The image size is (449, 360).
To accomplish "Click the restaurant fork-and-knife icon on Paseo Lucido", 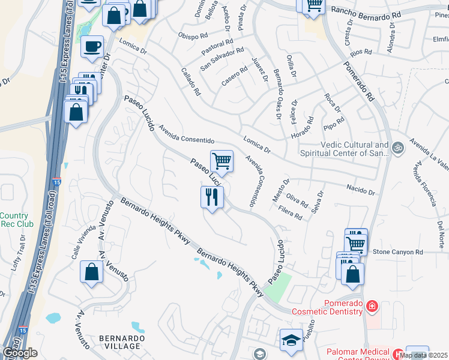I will click(x=211, y=197).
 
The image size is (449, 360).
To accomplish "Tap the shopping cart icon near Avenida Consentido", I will click(x=221, y=161).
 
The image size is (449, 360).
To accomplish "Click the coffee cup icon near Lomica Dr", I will click(x=92, y=46).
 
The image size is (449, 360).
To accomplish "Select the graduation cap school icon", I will click(x=291, y=338).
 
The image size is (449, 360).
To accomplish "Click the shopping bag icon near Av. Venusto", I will click(x=90, y=272).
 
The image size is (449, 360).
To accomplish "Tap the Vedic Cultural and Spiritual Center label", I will click(x=346, y=149).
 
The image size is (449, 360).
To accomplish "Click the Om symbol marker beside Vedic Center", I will click(x=396, y=146).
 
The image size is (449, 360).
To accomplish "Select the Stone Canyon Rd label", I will click(x=398, y=252).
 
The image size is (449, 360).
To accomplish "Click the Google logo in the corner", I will click(x=20, y=353).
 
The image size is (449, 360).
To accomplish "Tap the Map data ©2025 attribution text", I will click(x=423, y=355).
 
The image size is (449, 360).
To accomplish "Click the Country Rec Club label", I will click(x=14, y=220).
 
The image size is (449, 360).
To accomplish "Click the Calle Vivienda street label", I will click(x=83, y=241).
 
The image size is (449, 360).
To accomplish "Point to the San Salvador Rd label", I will click(x=222, y=59).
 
